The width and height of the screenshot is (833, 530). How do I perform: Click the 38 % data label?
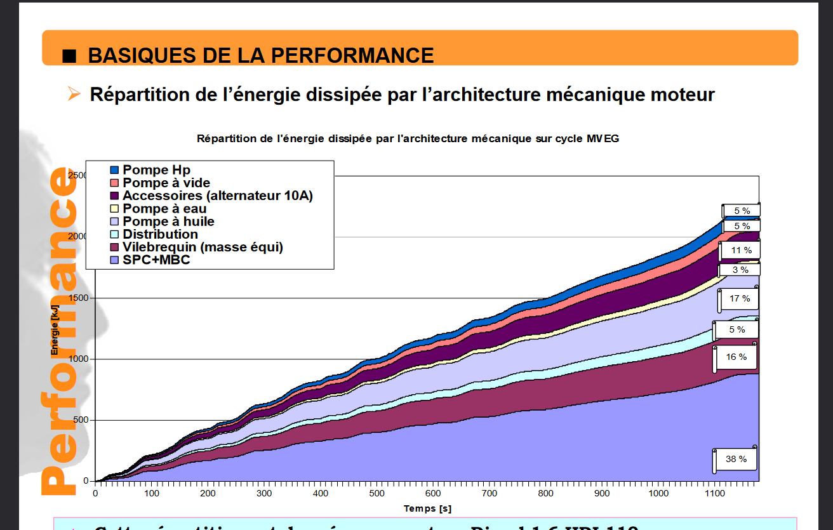pyautogui.click(x=736, y=459)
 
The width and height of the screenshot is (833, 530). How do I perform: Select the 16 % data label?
pyautogui.click(x=736, y=357)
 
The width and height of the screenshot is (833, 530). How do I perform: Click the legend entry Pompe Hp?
pyautogui.click(x=156, y=170)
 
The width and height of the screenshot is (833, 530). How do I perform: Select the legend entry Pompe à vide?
pyautogui.click(x=166, y=183)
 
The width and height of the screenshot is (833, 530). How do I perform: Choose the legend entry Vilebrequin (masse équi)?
pyautogui.click(x=203, y=247)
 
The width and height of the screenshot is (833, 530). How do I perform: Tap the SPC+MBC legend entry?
pyautogui.click(x=156, y=260)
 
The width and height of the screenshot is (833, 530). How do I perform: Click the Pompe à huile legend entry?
pyautogui.click(x=168, y=222)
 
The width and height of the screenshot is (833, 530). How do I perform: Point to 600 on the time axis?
pyautogui.click(x=434, y=494)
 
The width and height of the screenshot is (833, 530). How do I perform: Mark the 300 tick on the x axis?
pyautogui.click(x=264, y=494)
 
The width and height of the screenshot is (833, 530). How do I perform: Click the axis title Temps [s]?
pyautogui.click(x=427, y=508)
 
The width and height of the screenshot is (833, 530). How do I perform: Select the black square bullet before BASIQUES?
pyautogui.click(x=70, y=56)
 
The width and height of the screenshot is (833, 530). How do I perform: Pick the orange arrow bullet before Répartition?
pyautogui.click(x=74, y=95)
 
